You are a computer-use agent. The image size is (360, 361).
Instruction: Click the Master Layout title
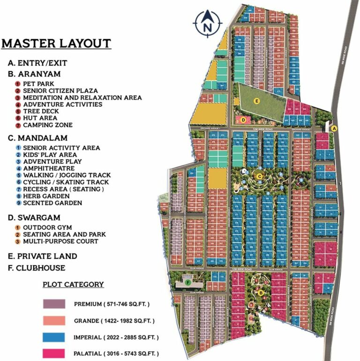click(56, 44)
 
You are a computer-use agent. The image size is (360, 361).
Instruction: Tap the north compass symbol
click(207, 23)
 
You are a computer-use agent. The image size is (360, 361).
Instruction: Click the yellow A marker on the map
click(334, 128)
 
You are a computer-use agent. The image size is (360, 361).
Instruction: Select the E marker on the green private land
click(256, 100)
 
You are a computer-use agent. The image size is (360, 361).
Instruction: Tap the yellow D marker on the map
click(244, 120)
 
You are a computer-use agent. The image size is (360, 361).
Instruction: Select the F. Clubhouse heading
click(36, 268)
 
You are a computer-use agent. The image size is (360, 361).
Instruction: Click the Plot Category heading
click(73, 285)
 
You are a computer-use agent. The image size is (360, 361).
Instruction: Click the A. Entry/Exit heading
click(38, 62)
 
